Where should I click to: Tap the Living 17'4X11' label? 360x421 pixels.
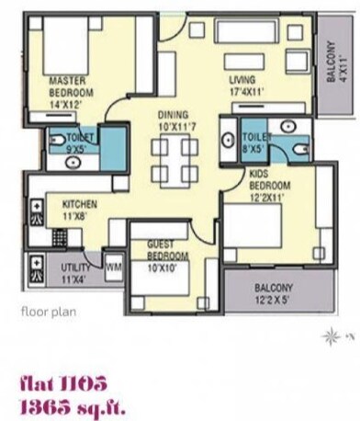(247, 85)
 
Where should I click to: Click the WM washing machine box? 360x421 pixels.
(114, 266)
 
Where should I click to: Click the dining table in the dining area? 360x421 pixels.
(174, 160)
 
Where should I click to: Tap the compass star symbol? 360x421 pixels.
(329, 337)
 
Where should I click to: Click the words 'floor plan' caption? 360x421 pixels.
(48, 311)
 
